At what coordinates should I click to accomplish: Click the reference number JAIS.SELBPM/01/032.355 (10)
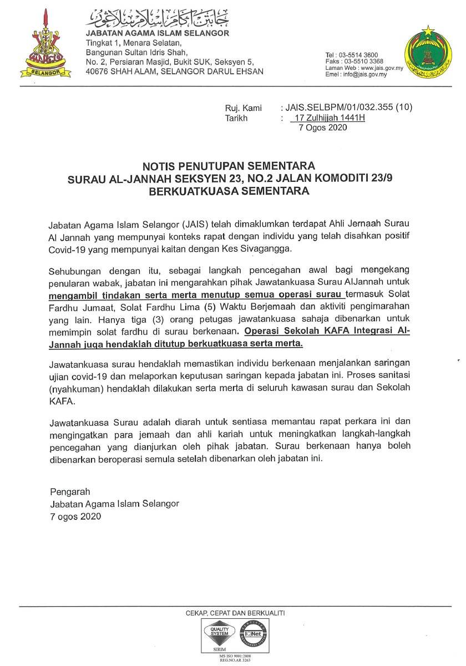[x=347, y=108]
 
